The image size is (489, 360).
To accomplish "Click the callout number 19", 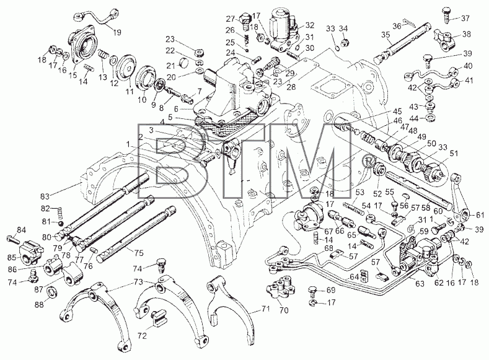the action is pos(117,32).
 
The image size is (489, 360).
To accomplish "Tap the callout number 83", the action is pos(45,196).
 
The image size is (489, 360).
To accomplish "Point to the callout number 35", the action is pos(385,35).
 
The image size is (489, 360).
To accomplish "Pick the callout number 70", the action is pos(284,310).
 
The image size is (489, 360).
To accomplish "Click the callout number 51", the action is pos(454,153).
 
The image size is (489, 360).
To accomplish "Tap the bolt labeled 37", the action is pos(446,15).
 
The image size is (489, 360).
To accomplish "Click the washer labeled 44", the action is pos(431,118).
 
